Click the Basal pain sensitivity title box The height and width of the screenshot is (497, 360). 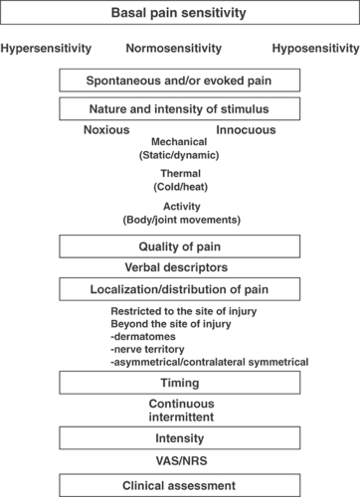[x=180, y=15]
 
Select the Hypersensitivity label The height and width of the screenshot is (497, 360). [x=47, y=49]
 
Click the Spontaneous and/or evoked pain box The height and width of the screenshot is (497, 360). [x=180, y=80]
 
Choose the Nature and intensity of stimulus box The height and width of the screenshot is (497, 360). [x=180, y=107]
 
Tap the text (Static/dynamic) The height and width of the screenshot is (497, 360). [x=180, y=156]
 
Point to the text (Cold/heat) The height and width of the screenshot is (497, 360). [x=180, y=186]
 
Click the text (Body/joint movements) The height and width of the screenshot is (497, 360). [x=180, y=219]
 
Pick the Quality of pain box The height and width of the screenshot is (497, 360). [x=180, y=246]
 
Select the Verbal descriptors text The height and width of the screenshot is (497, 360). [x=180, y=268]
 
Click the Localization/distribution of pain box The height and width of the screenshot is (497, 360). [x=180, y=289]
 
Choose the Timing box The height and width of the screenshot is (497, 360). [x=180, y=382]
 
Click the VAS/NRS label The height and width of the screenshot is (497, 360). [x=180, y=461]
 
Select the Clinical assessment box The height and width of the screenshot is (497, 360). [x=180, y=486]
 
